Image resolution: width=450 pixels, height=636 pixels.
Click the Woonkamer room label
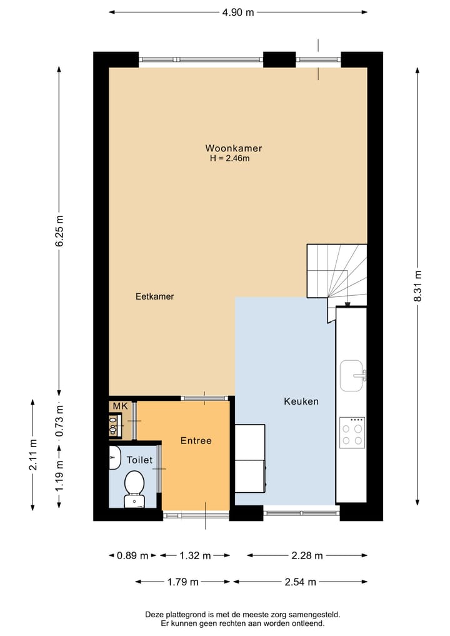click(233, 148)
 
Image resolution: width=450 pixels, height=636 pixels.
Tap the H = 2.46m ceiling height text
click(229, 159)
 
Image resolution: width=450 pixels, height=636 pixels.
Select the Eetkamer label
click(154, 296)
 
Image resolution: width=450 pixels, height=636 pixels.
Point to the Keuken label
click(301, 401)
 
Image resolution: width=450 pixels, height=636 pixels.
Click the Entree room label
click(196, 441)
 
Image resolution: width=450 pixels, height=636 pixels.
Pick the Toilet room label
click(139, 460)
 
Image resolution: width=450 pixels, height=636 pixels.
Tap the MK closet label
click(119, 406)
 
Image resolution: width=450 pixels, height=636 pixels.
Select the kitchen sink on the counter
click(352, 375)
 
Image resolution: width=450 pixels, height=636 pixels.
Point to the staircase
click(336, 272)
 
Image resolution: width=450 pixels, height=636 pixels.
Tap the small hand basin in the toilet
click(114, 457)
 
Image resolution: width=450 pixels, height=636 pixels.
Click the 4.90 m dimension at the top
click(238, 12)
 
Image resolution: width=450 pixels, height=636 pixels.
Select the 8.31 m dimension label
click(417, 286)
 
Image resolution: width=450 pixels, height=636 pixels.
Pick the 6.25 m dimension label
click(59, 231)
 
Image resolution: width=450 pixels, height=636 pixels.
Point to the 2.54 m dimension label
click(299, 582)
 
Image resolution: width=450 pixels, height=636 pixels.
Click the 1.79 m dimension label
click(183, 582)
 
